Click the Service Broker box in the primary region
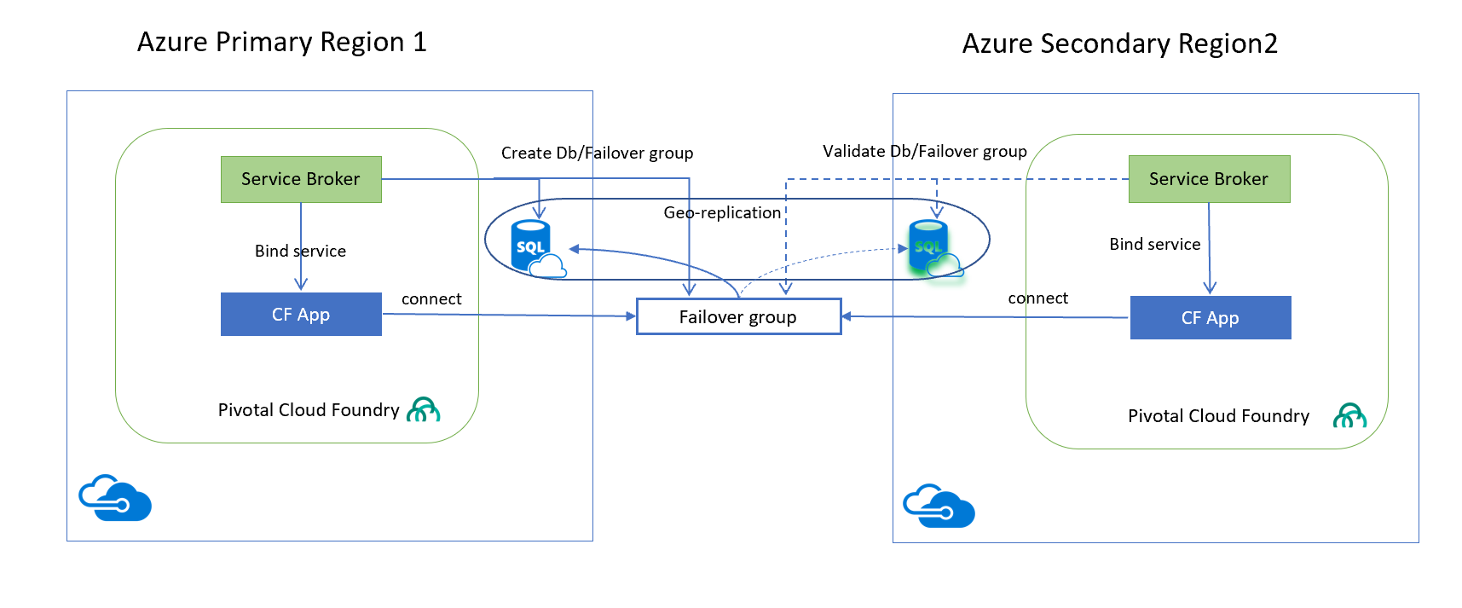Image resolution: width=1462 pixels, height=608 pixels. tap(301, 179)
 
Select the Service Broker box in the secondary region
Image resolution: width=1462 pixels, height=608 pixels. tap(1209, 179)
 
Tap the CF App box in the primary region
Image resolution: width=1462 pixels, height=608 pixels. tap(301, 315)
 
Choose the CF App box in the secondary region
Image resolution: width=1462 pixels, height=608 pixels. tap(1211, 318)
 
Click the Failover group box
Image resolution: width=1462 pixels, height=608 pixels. tap(738, 317)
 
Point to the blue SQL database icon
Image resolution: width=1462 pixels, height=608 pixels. tap(535, 248)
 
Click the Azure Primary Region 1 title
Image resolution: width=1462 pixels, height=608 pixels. tap(282, 42)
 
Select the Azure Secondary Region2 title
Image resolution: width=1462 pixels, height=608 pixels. tap(1120, 43)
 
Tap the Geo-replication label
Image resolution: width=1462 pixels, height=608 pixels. tap(722, 212)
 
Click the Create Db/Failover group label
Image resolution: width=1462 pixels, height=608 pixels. tap(597, 153)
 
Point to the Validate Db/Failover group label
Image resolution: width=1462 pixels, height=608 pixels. tap(925, 151)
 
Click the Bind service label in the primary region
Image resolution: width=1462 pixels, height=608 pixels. tap(300, 251)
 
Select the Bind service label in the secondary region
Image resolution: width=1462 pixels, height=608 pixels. tap(1155, 244)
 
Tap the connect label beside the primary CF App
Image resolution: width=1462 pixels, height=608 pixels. tap(431, 298)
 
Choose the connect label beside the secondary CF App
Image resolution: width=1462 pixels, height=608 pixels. tap(1037, 298)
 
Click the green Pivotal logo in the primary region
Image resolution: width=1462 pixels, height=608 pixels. tap(424, 410)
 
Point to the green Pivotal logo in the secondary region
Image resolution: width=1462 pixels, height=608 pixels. tap(1349, 415)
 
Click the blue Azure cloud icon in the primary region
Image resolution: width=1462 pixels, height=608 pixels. tap(115, 498)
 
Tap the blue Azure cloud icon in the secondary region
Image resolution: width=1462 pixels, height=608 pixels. tap(939, 507)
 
